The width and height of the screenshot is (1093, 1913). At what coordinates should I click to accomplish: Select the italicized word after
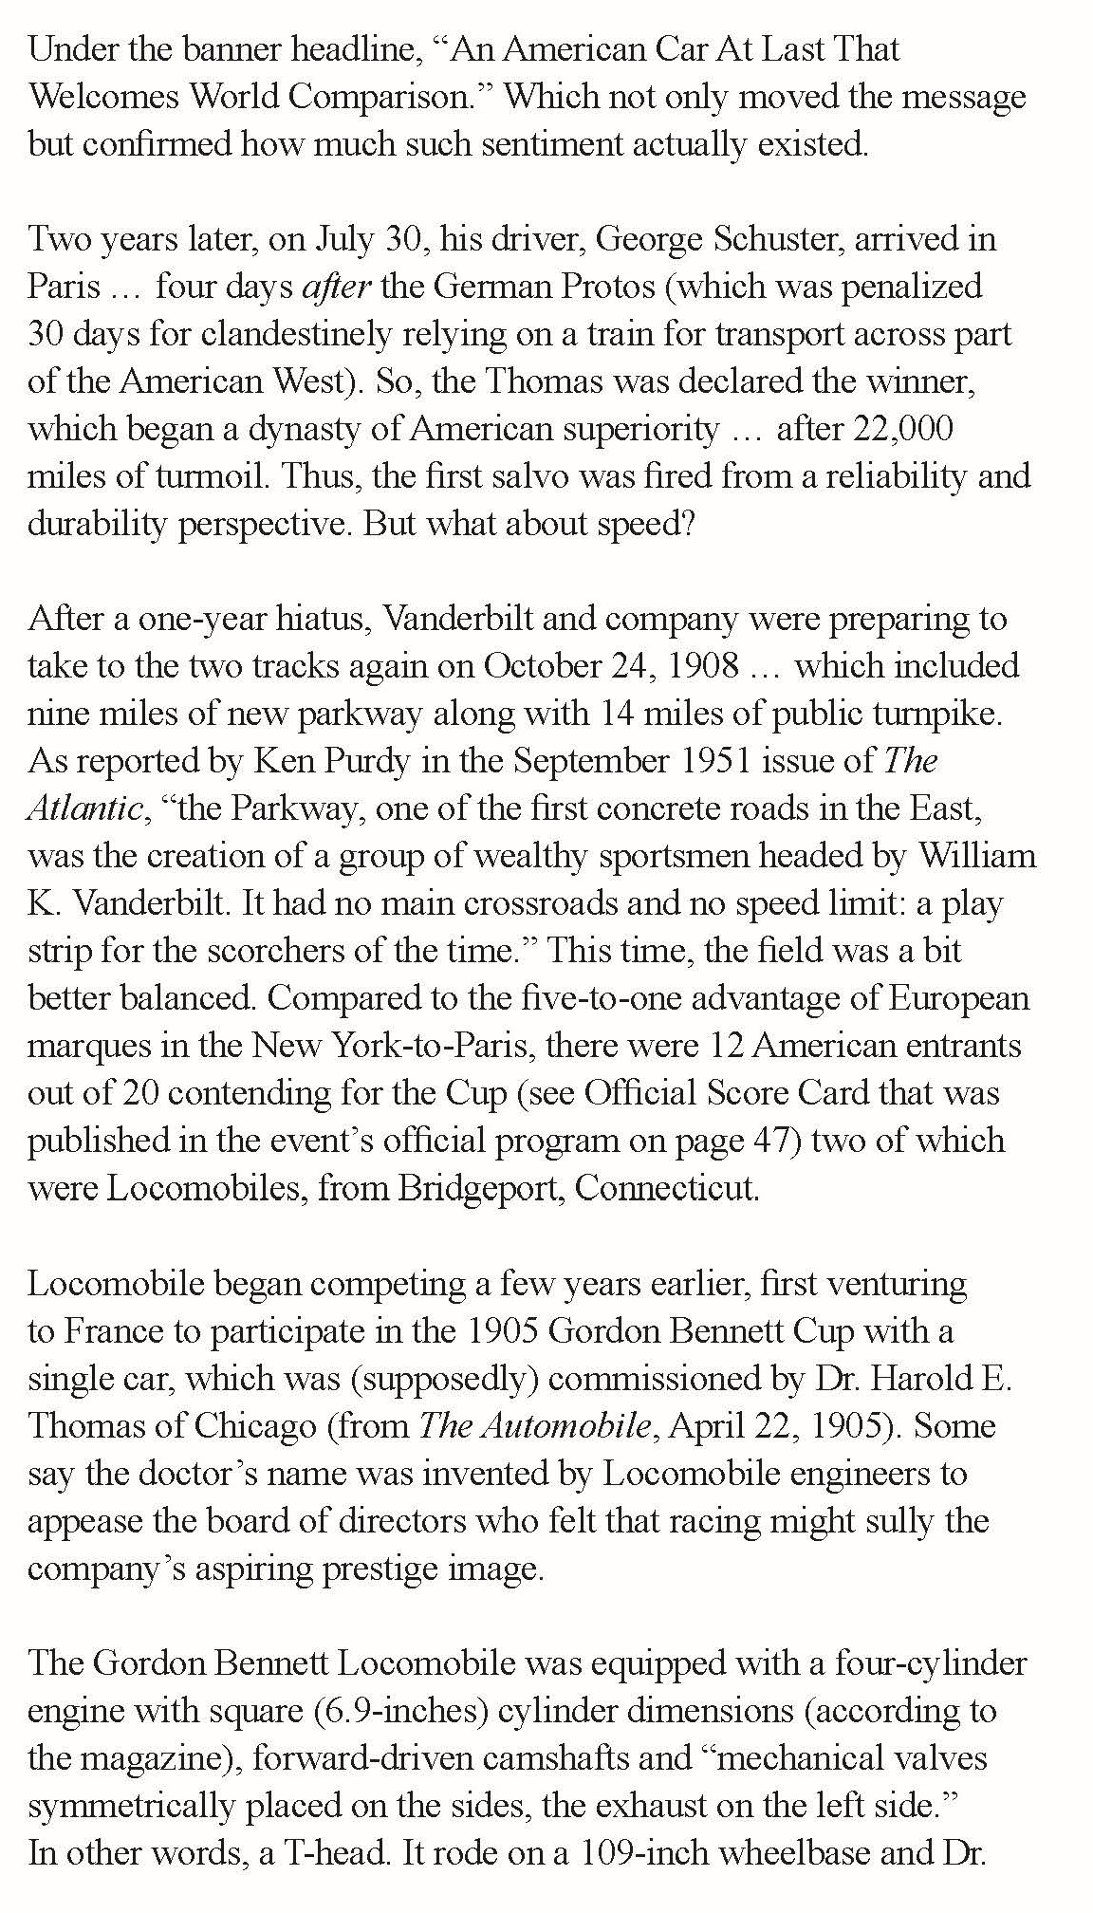coord(335,286)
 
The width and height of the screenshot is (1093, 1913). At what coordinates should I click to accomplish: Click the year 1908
coord(703,665)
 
